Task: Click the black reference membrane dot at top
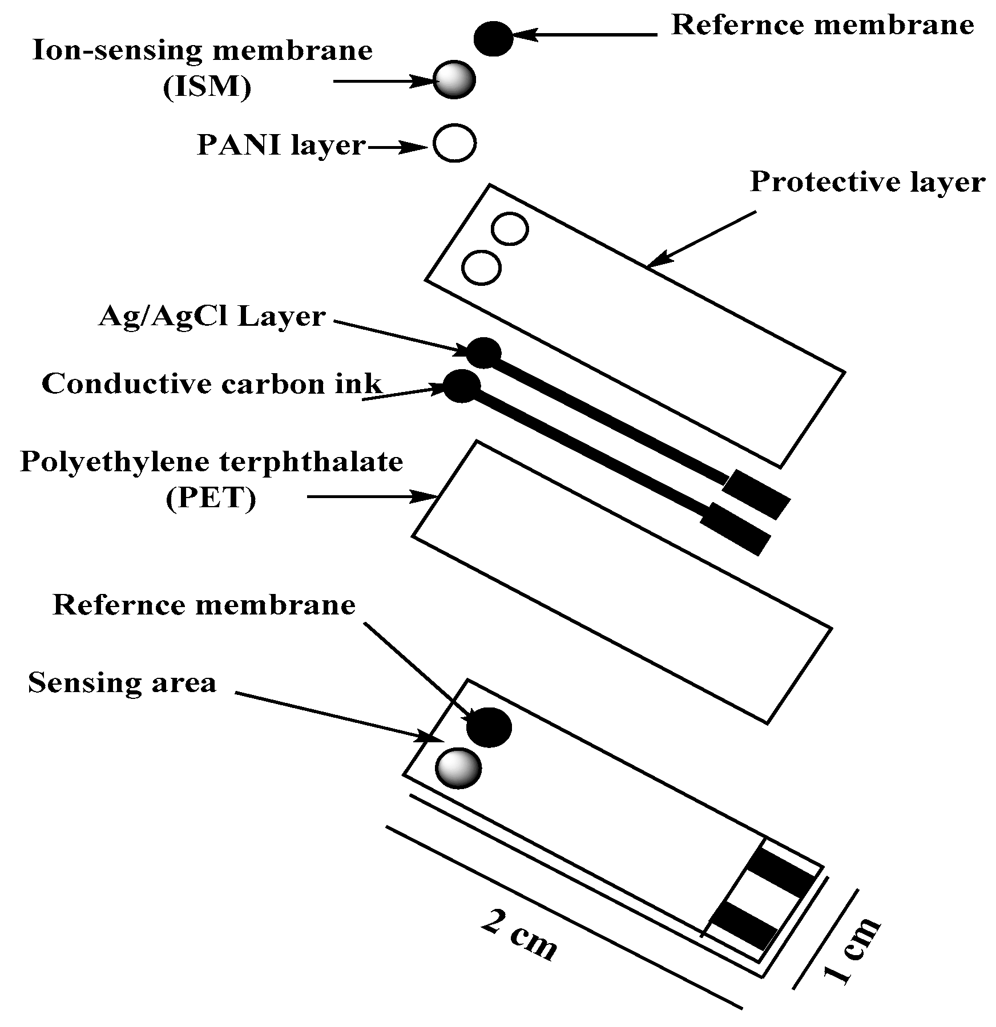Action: click(493, 39)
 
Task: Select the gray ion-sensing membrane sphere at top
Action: click(454, 79)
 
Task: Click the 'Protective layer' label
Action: click(866, 183)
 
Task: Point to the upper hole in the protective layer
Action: click(510, 229)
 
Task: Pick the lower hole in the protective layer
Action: click(481, 266)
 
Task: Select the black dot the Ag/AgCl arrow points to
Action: click(484, 352)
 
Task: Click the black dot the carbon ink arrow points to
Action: click(462, 386)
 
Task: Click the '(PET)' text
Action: click(211, 499)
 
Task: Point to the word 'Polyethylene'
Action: click(108, 462)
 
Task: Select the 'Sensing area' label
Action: click(122, 682)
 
